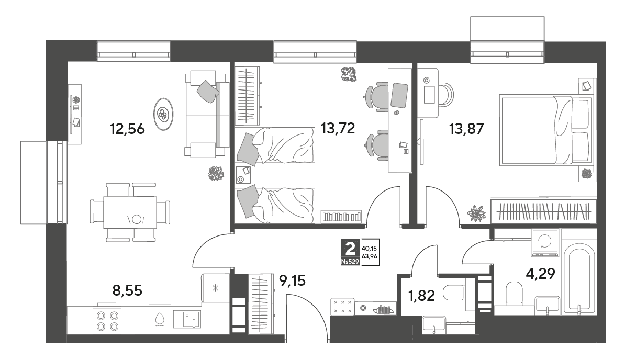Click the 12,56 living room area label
click(127, 129)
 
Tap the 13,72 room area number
click(338, 128)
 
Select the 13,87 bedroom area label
click(466, 129)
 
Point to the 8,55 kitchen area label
click(127, 290)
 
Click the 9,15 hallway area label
click(292, 281)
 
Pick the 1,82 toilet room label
click(421, 296)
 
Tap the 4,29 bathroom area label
click(540, 274)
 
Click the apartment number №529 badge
click(350, 262)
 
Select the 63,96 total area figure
click(369, 256)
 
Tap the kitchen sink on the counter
click(187, 319)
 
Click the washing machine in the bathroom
click(545, 242)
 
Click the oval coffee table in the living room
click(163, 114)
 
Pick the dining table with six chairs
click(130, 212)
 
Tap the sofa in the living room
click(206, 114)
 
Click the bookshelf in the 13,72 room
click(341, 217)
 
